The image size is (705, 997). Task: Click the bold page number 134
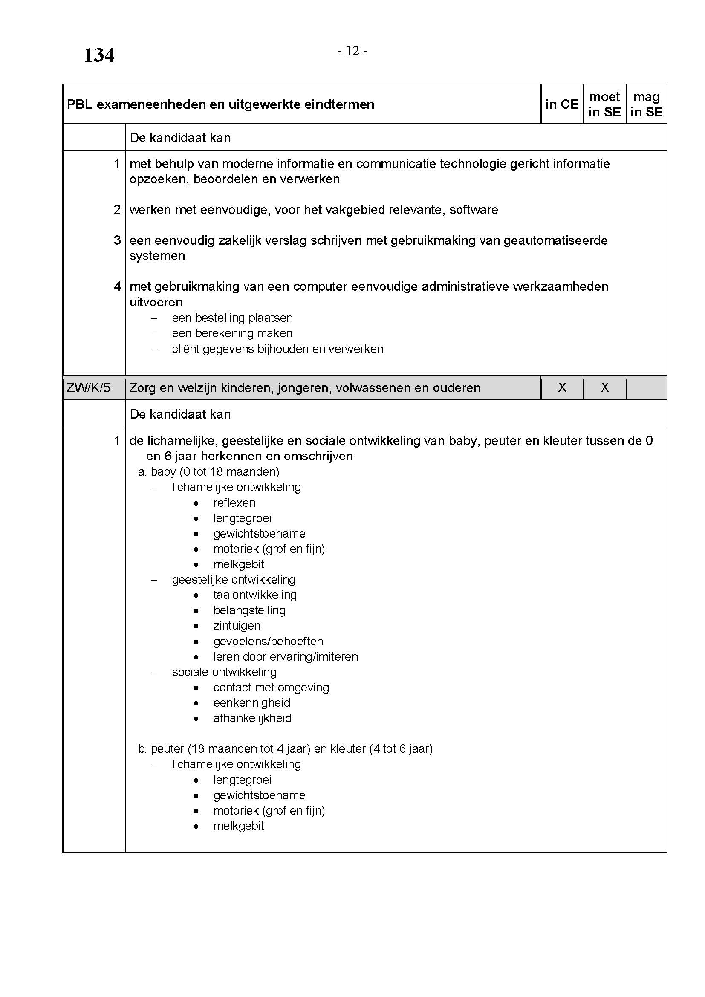pos(99,55)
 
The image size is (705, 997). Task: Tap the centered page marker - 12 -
pos(352,51)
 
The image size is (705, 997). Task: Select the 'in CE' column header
pos(562,104)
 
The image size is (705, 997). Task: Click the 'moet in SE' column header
pos(604,104)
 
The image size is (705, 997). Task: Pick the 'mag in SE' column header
pos(647,104)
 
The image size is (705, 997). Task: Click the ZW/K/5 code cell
pos(89,387)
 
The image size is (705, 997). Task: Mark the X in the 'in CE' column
pos(562,387)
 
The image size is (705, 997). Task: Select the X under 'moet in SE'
pos(604,387)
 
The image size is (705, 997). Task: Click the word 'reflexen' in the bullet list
pos(234,503)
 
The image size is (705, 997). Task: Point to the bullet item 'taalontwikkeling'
pos(255,595)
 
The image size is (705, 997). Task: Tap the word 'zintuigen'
pos(237,626)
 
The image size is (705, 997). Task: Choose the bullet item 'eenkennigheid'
pos(252,702)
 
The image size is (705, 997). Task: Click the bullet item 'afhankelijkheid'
pos(252,718)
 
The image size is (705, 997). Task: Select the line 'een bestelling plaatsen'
pos(232,318)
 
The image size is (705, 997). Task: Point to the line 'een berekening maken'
pos(232,333)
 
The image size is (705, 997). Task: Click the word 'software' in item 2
pos(474,210)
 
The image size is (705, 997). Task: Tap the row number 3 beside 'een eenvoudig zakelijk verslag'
pos(117,240)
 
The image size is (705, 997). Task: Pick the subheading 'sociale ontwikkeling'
pos(224,672)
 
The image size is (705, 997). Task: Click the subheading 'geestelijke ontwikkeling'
pos(234,580)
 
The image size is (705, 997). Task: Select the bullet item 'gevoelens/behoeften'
pos(268,642)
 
